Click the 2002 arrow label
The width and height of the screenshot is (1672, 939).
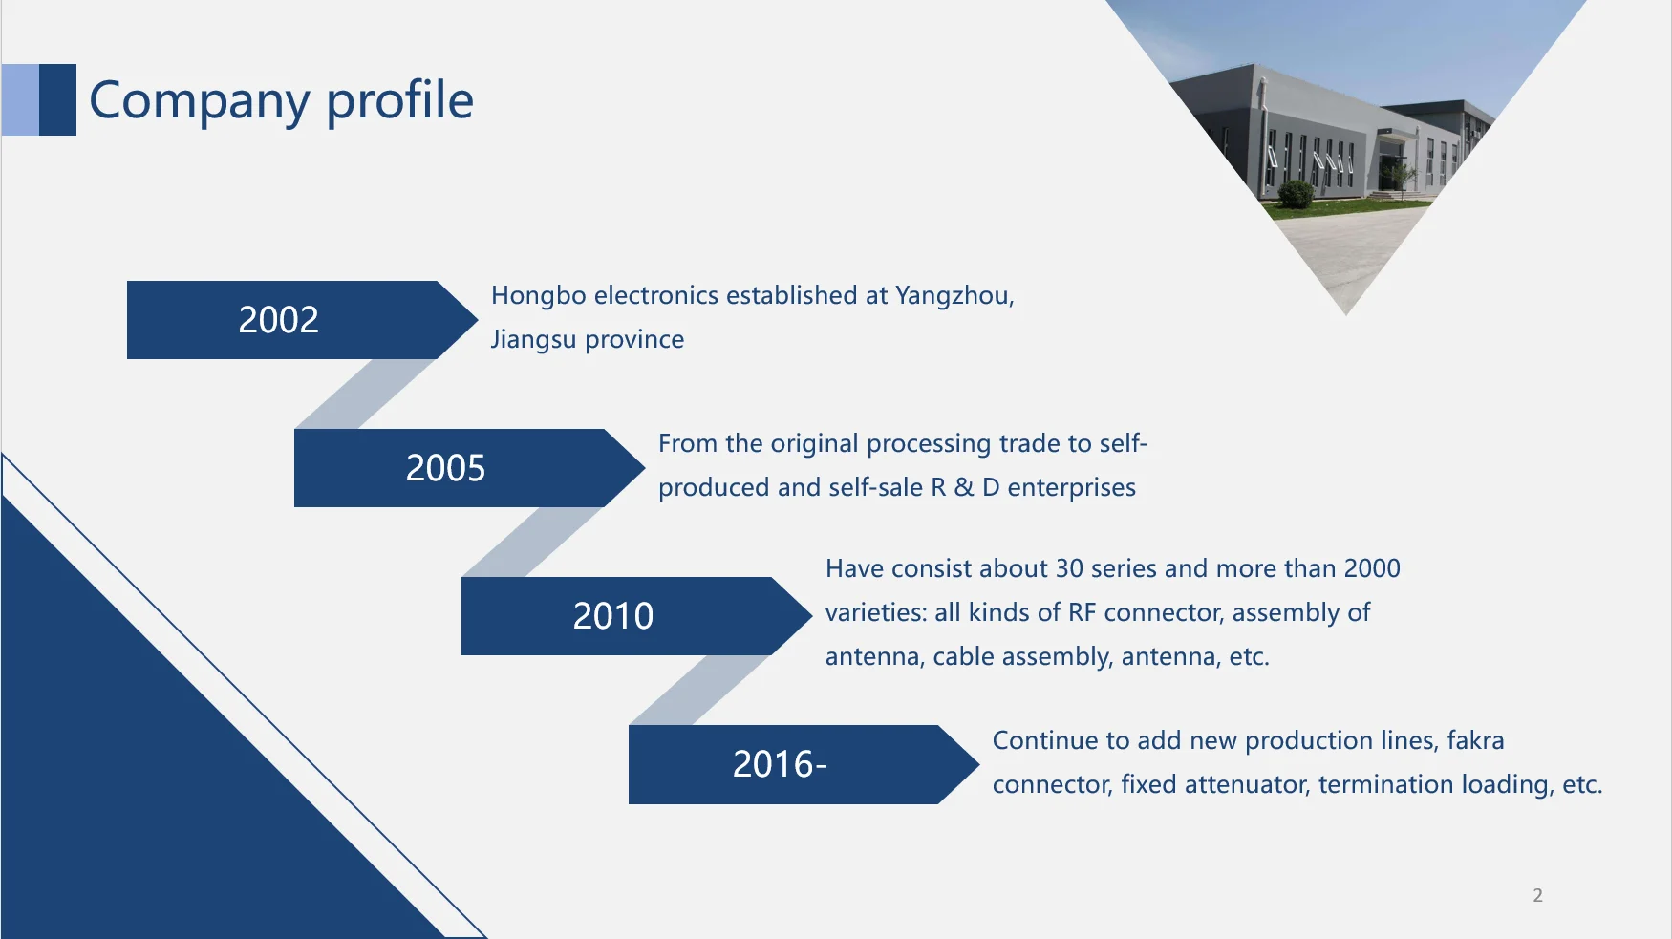click(278, 320)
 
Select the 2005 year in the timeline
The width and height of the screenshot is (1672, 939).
click(445, 468)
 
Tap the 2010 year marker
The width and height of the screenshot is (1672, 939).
click(613, 616)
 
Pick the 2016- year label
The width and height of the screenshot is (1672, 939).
click(780, 764)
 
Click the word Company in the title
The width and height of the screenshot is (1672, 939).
click(200, 101)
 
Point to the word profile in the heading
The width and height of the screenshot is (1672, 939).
click(400, 99)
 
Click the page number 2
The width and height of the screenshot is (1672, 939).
click(1537, 895)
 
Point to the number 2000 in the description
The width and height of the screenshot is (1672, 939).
click(1372, 568)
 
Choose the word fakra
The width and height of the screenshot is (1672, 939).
click(1475, 740)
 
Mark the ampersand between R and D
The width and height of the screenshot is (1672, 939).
click(964, 487)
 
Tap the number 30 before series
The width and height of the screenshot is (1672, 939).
click(1069, 568)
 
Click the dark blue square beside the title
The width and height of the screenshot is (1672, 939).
click(57, 99)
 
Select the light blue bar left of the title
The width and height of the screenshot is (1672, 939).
click(20, 99)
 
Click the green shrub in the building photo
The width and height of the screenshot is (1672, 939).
click(1296, 194)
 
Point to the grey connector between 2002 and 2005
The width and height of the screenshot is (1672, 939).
click(366, 394)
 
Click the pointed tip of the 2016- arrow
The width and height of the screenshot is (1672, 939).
click(979, 764)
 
